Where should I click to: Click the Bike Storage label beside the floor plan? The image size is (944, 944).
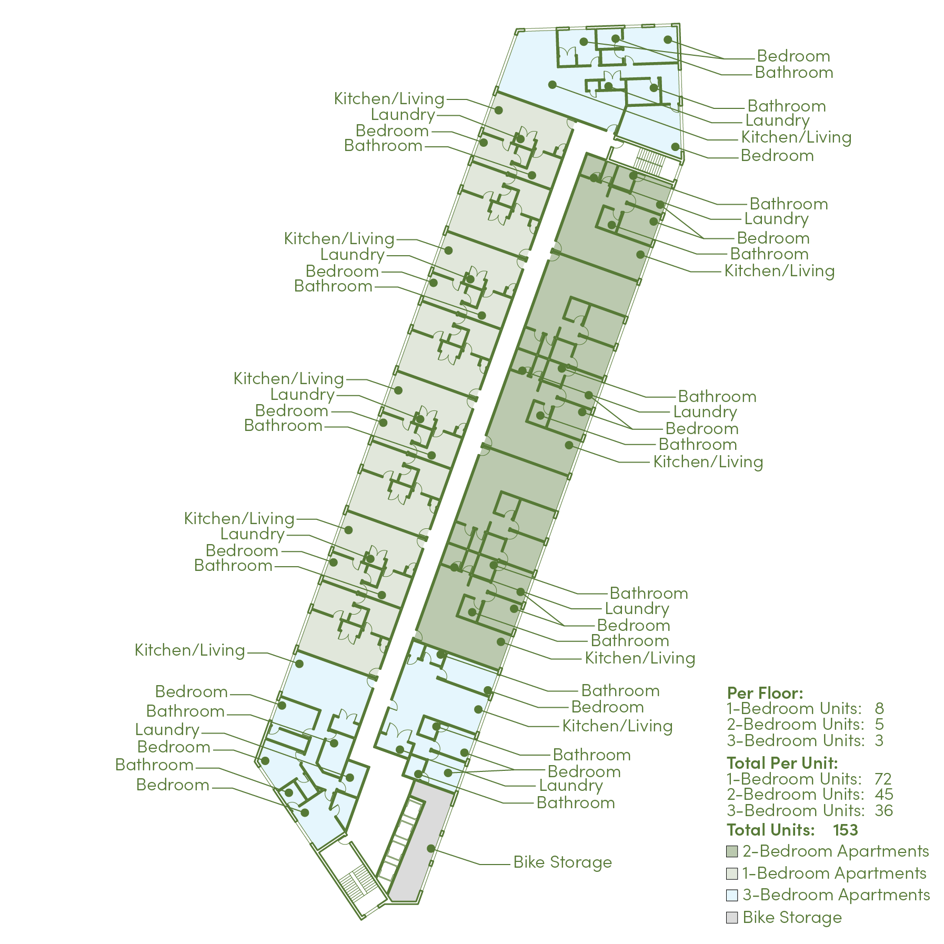[563, 862]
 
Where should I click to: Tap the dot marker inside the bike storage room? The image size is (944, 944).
[430, 848]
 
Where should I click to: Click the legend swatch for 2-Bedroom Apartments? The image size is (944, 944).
[731, 851]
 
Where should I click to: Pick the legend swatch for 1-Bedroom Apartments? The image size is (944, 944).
[731, 873]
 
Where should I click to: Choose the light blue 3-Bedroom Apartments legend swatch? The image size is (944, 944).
[731, 895]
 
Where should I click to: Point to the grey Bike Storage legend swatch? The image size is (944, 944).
[731, 918]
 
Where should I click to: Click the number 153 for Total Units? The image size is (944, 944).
[845, 830]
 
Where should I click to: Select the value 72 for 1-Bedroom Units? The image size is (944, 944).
[883, 779]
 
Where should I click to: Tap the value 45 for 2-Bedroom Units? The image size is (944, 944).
[883, 794]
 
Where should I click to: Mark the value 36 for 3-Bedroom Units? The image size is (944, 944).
[883, 810]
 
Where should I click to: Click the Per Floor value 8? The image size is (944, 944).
[879, 708]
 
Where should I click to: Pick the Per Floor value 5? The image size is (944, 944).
[879, 725]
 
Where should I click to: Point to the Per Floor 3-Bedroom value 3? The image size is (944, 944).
[879, 741]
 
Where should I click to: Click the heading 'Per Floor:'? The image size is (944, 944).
[765, 692]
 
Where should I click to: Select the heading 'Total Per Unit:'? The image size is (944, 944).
[782, 762]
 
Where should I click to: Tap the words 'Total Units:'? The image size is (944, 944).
[770, 830]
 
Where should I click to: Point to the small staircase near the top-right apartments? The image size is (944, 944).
[650, 161]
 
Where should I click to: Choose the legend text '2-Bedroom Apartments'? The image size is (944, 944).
[836, 851]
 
